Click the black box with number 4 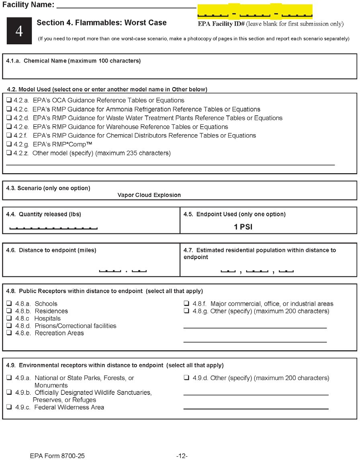tap(19, 31)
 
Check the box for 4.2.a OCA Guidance tap(9, 101)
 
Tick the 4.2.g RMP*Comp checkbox tap(9, 144)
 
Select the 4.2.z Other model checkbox tap(9, 153)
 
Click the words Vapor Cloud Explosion tap(149, 195)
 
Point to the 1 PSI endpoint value tap(243, 227)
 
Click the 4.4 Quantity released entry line tap(53, 228)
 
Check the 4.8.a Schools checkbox tap(9, 304)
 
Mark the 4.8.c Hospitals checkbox tap(9, 318)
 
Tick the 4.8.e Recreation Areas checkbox tap(9, 333)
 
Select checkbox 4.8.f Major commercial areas tap(186, 304)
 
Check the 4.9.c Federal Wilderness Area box tap(9, 407)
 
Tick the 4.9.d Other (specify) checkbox tap(186, 378)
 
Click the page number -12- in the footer tap(182, 456)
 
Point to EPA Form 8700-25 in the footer tap(57, 456)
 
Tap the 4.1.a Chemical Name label tap(74, 61)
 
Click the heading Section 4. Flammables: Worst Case tap(101, 23)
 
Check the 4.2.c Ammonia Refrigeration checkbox tap(9, 109)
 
